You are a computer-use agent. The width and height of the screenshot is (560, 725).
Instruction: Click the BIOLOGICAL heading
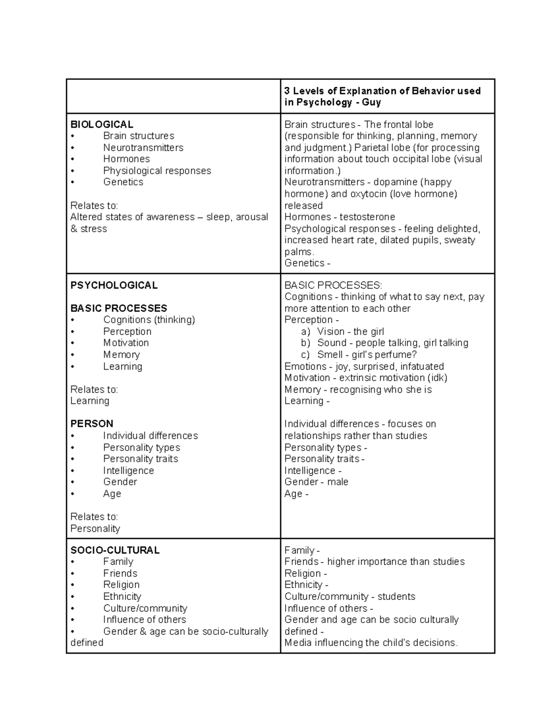click(x=102, y=125)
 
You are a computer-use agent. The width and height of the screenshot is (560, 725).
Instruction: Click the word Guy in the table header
click(x=371, y=102)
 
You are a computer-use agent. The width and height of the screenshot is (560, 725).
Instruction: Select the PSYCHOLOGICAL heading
click(x=114, y=285)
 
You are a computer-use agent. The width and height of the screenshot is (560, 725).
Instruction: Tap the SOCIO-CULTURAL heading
click(x=115, y=550)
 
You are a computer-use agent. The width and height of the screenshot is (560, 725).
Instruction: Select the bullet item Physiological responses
click(x=157, y=171)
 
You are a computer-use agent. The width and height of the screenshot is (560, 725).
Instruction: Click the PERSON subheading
click(x=92, y=424)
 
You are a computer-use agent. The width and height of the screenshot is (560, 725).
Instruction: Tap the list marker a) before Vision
click(x=306, y=332)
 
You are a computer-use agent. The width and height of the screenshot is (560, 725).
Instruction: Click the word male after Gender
click(x=338, y=482)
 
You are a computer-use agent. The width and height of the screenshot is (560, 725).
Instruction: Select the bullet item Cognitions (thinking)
click(x=149, y=320)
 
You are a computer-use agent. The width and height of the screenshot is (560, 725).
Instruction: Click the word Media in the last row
click(x=298, y=643)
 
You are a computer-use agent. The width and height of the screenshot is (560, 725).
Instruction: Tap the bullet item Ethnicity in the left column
click(x=122, y=597)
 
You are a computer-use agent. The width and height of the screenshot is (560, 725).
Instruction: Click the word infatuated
click(x=422, y=366)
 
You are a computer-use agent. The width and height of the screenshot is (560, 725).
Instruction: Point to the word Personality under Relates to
click(x=95, y=529)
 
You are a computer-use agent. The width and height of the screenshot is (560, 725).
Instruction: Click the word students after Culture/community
click(x=396, y=597)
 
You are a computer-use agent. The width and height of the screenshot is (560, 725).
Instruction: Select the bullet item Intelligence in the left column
click(x=128, y=471)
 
